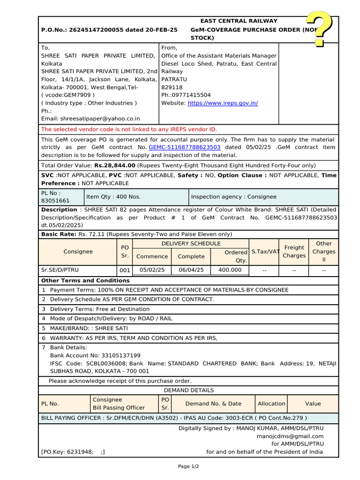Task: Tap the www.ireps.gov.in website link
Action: click(223, 103)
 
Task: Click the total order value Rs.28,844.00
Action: click(115, 165)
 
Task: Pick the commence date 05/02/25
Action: click(152, 270)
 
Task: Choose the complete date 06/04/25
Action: click(191, 270)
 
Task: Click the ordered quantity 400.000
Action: click(230, 270)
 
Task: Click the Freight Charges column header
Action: click(294, 252)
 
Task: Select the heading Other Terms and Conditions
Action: click(85, 280)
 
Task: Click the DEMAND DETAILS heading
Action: click(188, 390)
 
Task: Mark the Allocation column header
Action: click(271, 404)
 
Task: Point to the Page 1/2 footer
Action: click(188, 466)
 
